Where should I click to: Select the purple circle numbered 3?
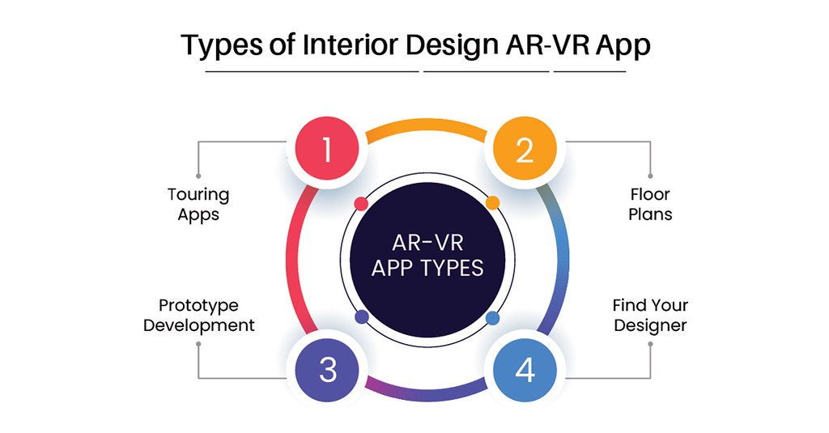tap(326, 369)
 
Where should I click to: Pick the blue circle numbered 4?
tap(525, 369)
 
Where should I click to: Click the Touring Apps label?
tap(198, 205)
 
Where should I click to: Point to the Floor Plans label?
tap(651, 205)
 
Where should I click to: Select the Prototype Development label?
tap(199, 316)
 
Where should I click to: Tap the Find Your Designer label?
tap(650, 316)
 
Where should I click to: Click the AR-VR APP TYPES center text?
tap(427, 255)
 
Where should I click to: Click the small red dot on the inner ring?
tap(361, 202)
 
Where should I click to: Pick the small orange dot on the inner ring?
tap(491, 202)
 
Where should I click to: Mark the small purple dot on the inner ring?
tap(362, 316)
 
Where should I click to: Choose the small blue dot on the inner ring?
tap(492, 317)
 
